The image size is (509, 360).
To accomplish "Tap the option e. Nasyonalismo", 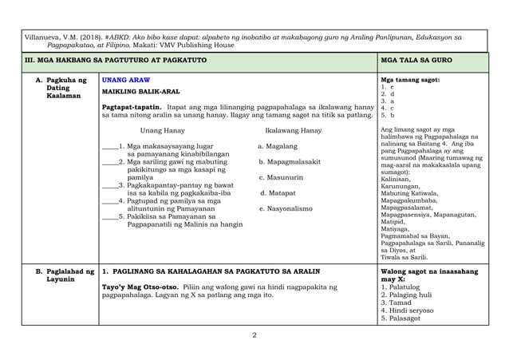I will (286, 208).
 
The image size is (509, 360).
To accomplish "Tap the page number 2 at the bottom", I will (254, 334).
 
